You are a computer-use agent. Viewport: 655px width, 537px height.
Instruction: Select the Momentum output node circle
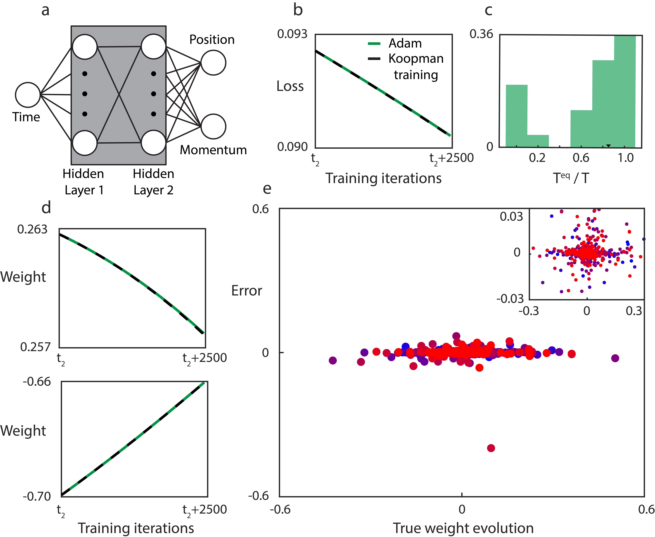click(x=213, y=127)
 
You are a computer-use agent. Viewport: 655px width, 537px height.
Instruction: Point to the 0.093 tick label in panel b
click(x=292, y=34)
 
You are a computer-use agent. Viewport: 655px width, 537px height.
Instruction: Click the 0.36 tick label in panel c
click(x=481, y=34)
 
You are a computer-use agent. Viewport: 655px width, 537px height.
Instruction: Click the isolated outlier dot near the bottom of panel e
click(x=491, y=448)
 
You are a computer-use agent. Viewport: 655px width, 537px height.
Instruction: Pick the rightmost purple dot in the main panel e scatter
click(x=615, y=358)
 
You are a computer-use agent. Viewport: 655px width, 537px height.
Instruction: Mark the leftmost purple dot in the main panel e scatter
click(x=333, y=360)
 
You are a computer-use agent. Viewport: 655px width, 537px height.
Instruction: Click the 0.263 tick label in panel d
click(x=32, y=229)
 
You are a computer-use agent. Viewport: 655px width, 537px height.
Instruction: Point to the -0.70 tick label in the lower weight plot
click(x=37, y=497)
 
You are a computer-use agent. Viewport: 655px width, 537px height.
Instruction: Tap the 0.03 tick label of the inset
click(x=511, y=216)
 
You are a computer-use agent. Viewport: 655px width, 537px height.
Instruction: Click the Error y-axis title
click(x=247, y=291)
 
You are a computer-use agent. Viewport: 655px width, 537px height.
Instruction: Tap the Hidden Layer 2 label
click(x=153, y=182)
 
